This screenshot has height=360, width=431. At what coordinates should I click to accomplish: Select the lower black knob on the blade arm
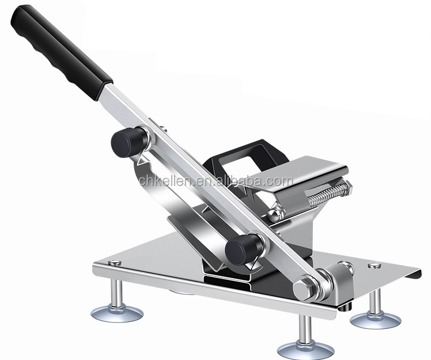241,249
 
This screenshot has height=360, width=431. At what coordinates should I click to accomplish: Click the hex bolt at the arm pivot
304,287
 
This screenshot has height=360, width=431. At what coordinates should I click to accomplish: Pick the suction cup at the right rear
375,319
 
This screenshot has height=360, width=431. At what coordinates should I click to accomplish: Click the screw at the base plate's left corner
113,263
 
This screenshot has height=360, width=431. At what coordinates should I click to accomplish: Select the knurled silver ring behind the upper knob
149,136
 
